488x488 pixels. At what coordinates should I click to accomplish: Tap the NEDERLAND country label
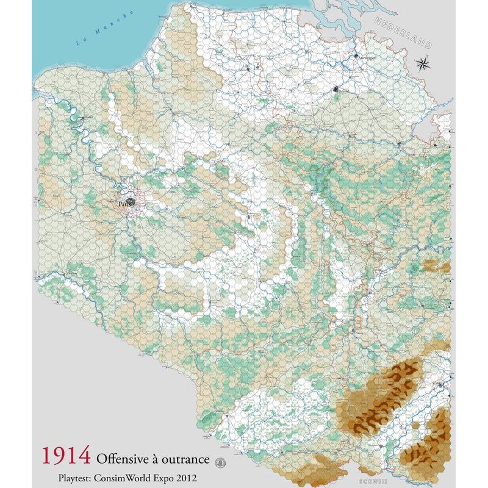point(403,32)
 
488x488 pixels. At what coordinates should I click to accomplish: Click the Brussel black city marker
point(337,91)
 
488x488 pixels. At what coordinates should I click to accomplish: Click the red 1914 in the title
point(66,456)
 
